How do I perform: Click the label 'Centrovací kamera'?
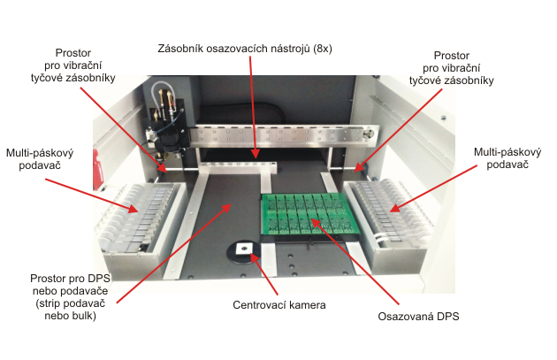click(x=279, y=305)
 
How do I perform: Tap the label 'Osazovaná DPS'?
click(x=418, y=317)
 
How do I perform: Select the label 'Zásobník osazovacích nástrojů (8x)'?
click(x=245, y=49)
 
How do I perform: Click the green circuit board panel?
click(x=309, y=215)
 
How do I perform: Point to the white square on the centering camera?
click(x=244, y=249)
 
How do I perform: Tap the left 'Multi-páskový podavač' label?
click(x=40, y=159)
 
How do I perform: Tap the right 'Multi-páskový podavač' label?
click(x=507, y=158)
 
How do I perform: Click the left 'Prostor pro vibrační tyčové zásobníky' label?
click(x=73, y=65)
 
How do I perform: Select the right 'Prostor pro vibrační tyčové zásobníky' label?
click(x=452, y=68)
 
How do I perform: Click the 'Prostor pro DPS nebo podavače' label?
click(x=70, y=296)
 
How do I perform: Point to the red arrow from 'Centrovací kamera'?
click(x=264, y=273)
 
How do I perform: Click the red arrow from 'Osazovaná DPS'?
click(x=355, y=262)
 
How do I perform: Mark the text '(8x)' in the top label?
click(x=322, y=49)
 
